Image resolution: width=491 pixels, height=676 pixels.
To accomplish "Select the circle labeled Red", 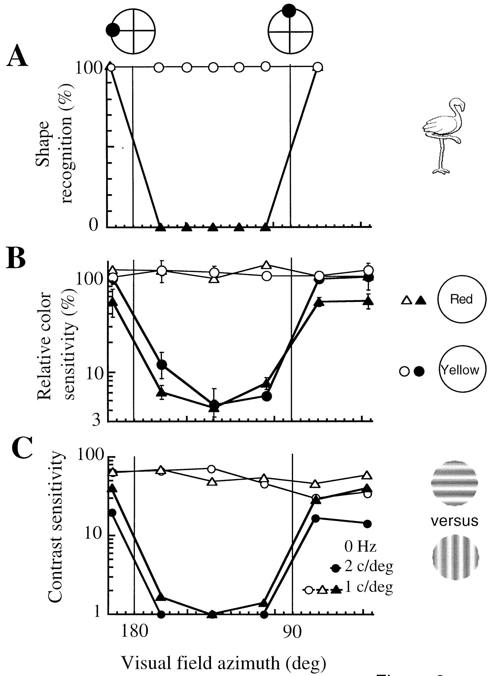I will [x=462, y=299].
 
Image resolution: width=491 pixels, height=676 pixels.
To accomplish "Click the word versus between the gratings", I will [x=455, y=521].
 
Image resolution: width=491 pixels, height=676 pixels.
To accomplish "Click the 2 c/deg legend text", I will [x=368, y=567].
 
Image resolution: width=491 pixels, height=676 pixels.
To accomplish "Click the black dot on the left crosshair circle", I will [x=113, y=30].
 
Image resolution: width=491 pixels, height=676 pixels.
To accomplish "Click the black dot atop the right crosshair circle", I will [x=289, y=11].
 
